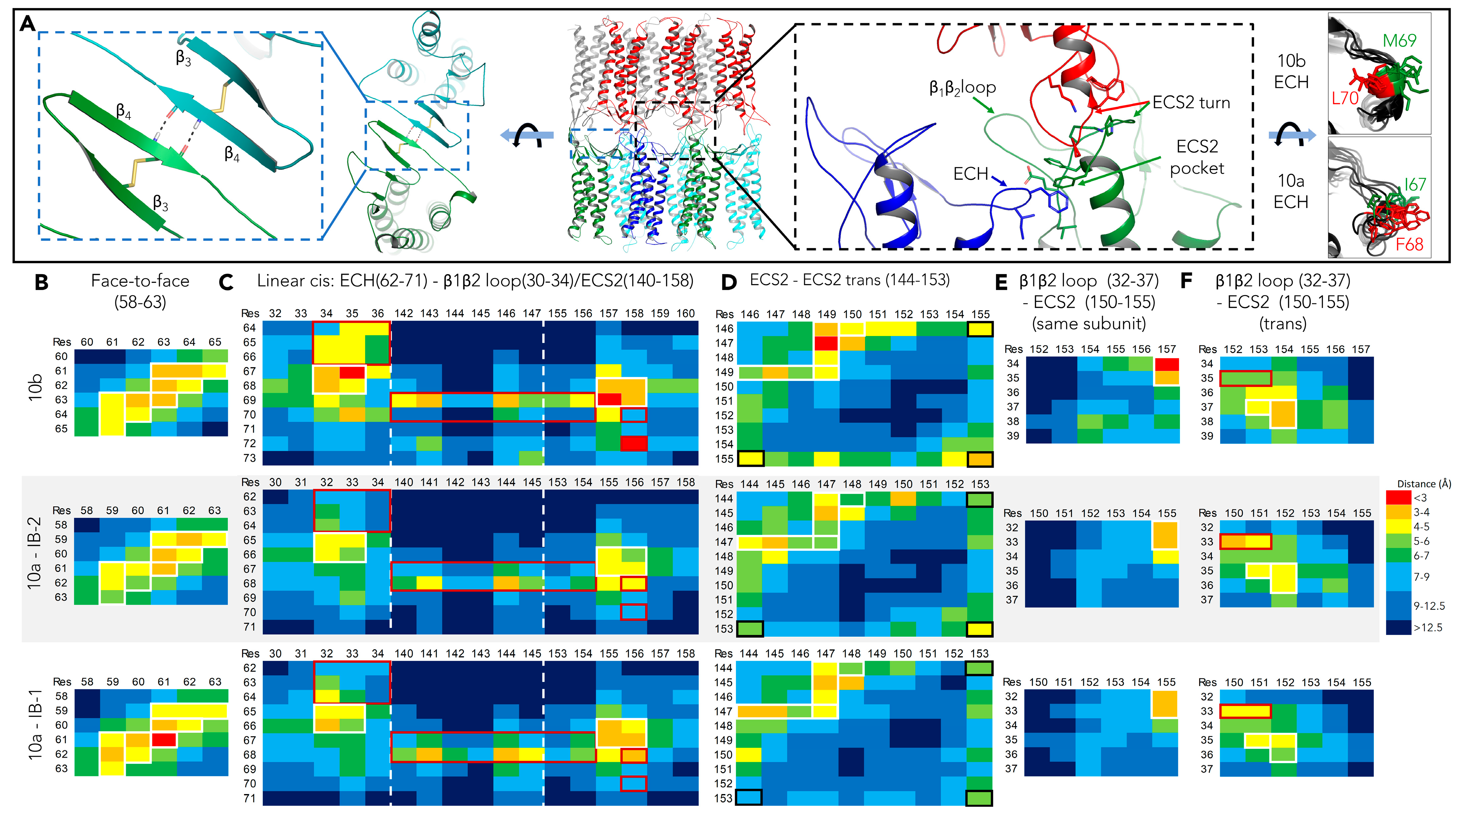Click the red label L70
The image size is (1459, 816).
pos(1345,98)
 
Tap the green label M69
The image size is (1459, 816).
pos(1399,41)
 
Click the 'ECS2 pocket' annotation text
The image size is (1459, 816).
pos(1197,157)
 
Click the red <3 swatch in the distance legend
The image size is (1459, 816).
pos(1398,498)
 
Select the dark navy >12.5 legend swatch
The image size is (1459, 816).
pos(1398,627)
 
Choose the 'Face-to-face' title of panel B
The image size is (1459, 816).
pos(140,280)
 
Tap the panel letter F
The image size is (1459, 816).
pos(1186,280)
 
